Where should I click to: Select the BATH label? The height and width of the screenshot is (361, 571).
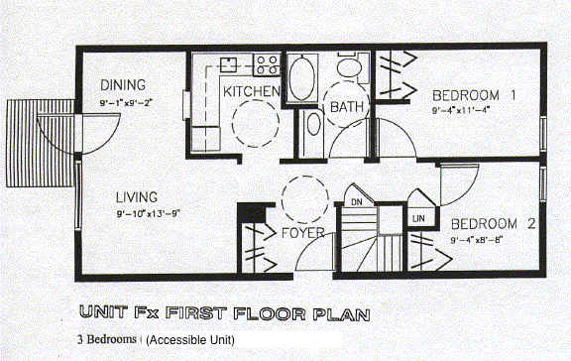[348, 106]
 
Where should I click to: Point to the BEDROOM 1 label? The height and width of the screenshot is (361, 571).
[475, 96]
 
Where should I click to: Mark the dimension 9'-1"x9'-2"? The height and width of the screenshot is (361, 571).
[131, 102]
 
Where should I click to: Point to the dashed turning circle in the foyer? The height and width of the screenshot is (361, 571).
[302, 199]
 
